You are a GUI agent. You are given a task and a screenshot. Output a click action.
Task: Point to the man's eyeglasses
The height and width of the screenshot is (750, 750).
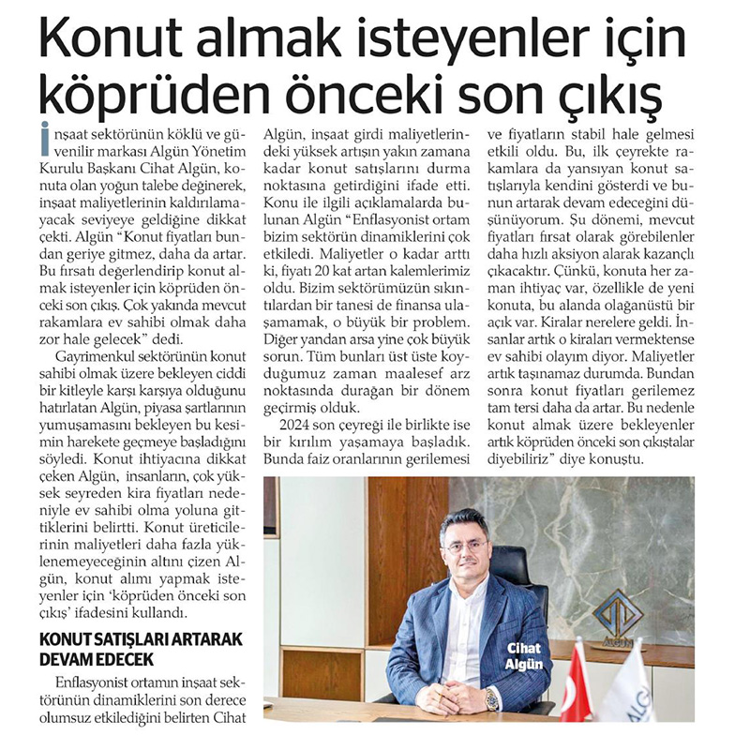click(466, 542)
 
